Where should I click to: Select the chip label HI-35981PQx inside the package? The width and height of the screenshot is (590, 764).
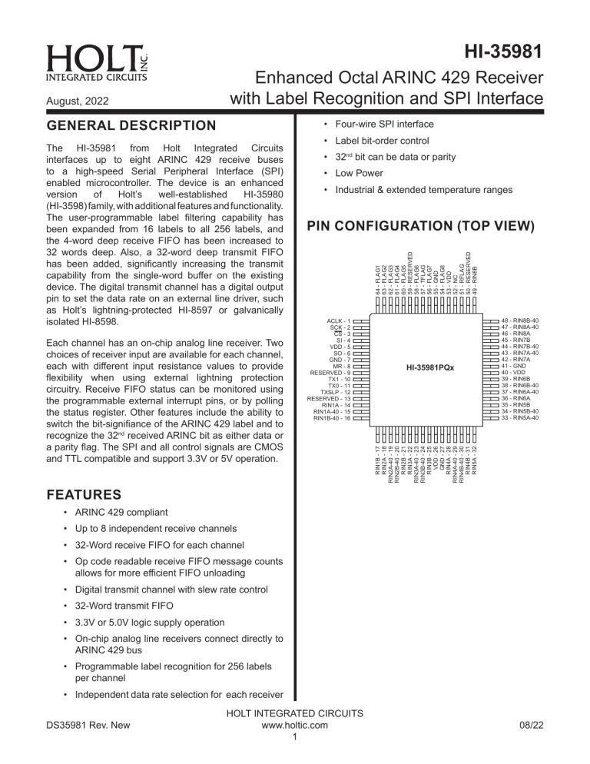(x=430, y=367)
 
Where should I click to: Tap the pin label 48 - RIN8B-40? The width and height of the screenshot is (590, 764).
(x=519, y=320)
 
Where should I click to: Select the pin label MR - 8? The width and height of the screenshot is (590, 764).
(x=340, y=367)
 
